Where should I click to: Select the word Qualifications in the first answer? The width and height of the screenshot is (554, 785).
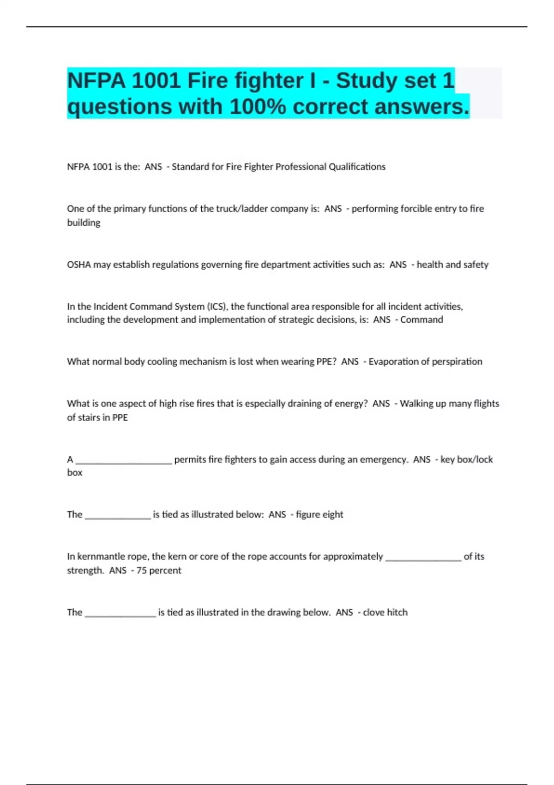[x=357, y=167]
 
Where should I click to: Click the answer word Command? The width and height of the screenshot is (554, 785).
[x=422, y=320]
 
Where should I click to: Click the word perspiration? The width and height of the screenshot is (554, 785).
[x=457, y=362]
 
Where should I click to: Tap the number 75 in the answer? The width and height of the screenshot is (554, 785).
[x=141, y=570]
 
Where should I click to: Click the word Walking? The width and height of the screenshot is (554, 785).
[x=416, y=404]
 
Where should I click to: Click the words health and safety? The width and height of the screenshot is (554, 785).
[x=452, y=265]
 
